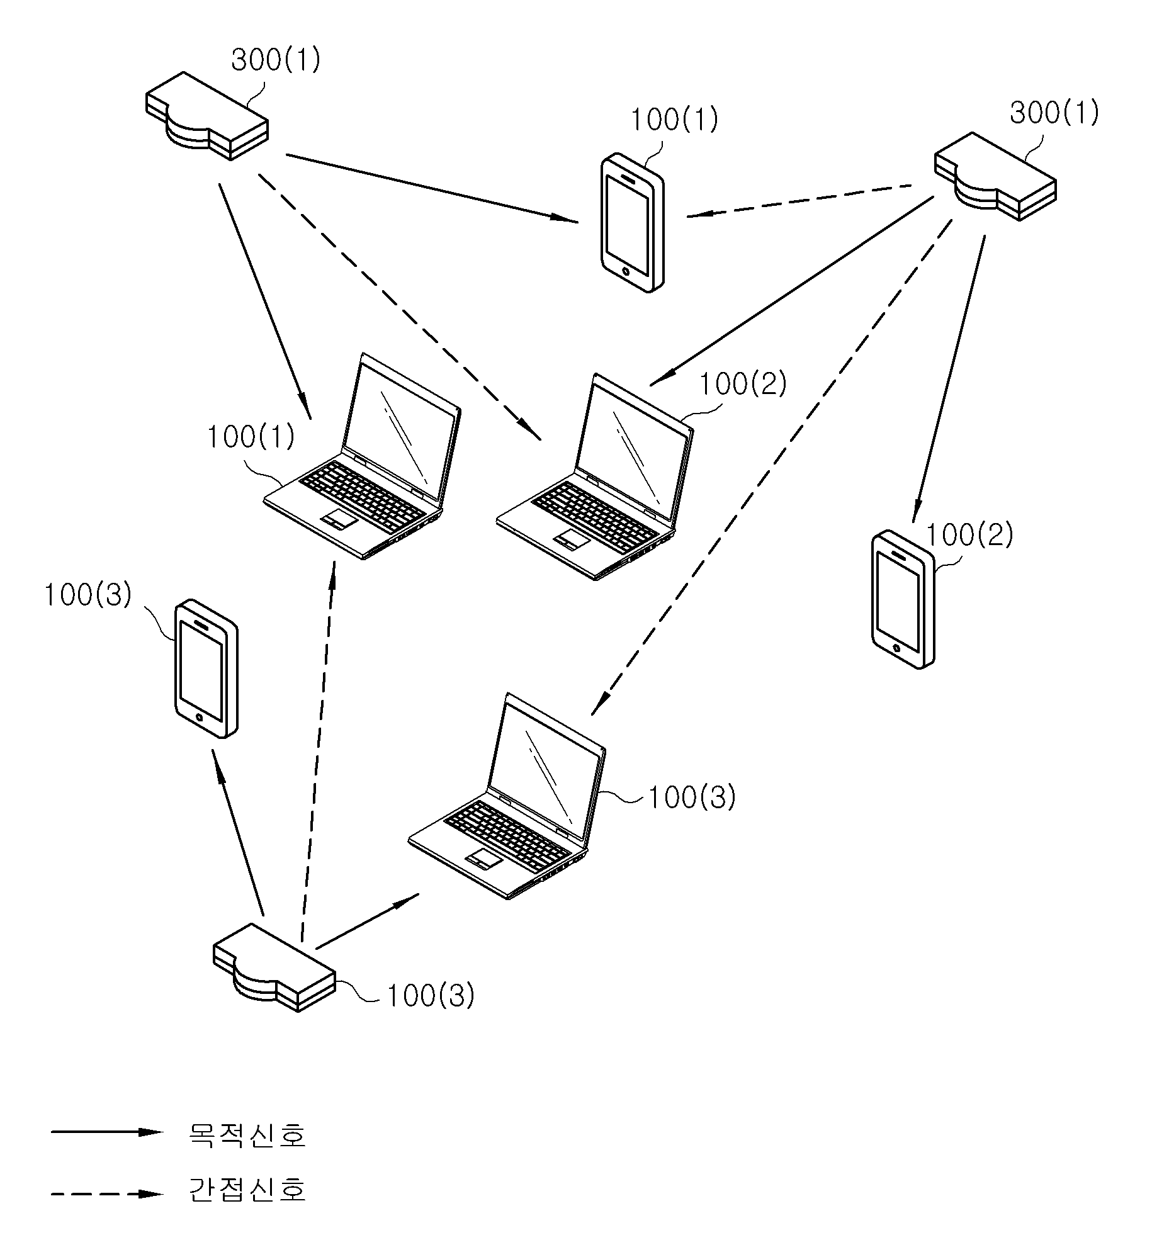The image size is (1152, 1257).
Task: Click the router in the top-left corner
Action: [206, 116]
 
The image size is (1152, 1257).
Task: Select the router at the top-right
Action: [995, 177]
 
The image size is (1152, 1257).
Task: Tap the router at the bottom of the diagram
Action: [274, 967]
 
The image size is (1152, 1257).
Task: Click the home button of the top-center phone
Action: [625, 271]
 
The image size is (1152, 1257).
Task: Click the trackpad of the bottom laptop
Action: [484, 859]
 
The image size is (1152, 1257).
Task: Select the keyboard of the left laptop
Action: [362, 495]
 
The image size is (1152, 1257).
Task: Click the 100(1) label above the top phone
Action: [674, 120]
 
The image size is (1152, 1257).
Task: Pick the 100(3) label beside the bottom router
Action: [431, 996]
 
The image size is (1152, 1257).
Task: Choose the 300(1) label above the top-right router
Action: [1054, 113]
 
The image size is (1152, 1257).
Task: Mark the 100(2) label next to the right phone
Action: [969, 535]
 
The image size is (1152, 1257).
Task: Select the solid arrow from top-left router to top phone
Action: [432, 188]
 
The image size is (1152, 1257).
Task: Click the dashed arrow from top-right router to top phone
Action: [799, 201]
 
